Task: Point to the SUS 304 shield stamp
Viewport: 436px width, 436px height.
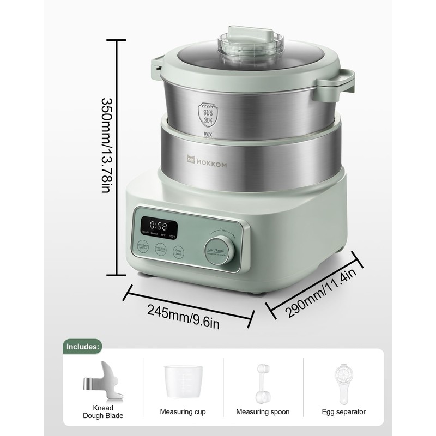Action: [x=208, y=112]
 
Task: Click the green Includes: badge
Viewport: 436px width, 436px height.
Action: [x=83, y=346]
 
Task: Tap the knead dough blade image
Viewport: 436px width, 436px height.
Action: [x=104, y=382]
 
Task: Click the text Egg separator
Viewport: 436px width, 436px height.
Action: [x=343, y=412]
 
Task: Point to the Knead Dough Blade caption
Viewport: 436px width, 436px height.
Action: [x=104, y=411]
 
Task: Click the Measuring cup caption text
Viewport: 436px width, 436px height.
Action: [x=183, y=412]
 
